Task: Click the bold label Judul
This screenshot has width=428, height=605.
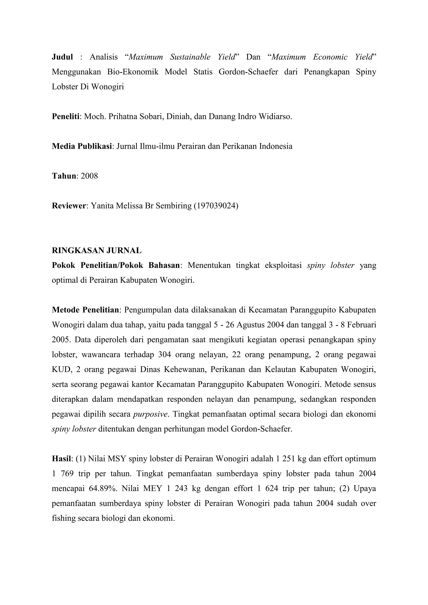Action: coord(62,57)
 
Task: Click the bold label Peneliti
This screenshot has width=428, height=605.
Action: coord(66,117)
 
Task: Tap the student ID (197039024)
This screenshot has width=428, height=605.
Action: coord(216,206)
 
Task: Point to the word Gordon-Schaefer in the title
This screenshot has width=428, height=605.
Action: coord(248,72)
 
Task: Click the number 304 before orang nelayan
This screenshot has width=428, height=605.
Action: coord(164,355)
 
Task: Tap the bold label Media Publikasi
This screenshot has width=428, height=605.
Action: coord(82,146)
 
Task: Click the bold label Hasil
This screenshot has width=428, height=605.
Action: coord(61,459)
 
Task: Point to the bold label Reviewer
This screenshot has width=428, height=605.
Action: coord(69,206)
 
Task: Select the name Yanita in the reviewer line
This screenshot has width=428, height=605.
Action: coord(103,206)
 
